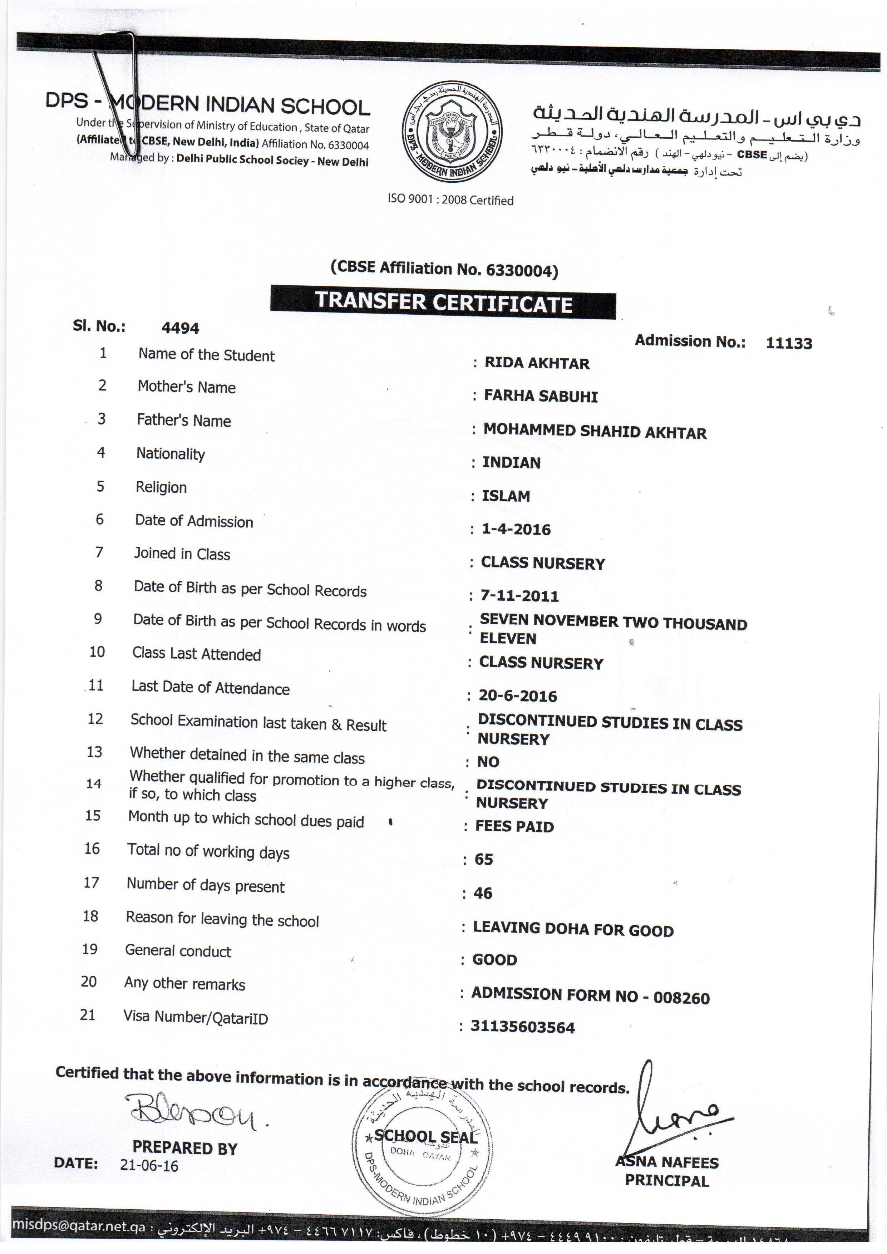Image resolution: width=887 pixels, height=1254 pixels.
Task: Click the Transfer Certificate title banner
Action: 443,302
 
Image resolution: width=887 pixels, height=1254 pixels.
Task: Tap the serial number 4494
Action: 180,328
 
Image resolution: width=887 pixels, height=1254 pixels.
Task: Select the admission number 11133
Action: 789,343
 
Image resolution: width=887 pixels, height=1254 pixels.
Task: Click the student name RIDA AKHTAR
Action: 537,363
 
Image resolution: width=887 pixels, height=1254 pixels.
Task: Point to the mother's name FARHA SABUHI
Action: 541,396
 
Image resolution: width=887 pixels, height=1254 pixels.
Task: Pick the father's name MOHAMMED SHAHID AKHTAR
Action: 595,432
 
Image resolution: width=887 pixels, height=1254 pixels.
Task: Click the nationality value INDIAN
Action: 511,463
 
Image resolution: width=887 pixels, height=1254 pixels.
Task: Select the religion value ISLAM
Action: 506,496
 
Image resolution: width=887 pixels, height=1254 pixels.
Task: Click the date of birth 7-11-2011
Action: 519,595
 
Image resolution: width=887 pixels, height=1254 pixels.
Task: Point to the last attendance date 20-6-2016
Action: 518,696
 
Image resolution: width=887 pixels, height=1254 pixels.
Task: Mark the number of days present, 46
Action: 483,893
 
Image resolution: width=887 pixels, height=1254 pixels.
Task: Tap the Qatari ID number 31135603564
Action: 523,1027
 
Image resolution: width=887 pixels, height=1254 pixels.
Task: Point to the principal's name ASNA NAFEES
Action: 667,1162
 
